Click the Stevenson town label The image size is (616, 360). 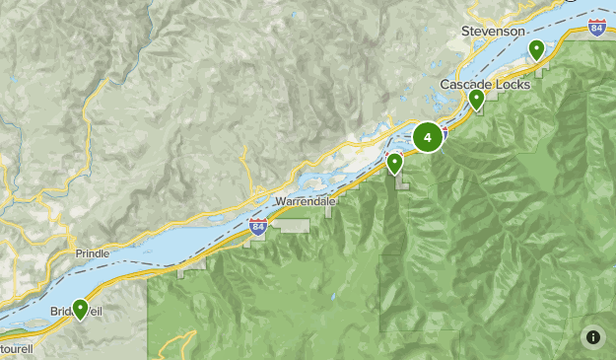[x=493, y=32]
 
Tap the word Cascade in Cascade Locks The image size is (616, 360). [x=463, y=84]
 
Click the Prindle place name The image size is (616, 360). [x=93, y=253]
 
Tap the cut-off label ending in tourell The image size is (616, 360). [x=15, y=349]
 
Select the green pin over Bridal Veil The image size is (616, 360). [x=80, y=309]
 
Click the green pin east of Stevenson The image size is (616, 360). [x=537, y=48]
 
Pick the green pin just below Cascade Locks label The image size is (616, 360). [x=477, y=98]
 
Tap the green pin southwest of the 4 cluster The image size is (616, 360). [x=394, y=162]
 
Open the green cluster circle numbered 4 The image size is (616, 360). [x=428, y=137]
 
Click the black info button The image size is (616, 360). [x=593, y=337]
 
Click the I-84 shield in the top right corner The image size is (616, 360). [x=597, y=27]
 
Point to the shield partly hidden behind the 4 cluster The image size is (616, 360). [x=444, y=132]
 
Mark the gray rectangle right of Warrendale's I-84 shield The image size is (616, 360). [x=292, y=226]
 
